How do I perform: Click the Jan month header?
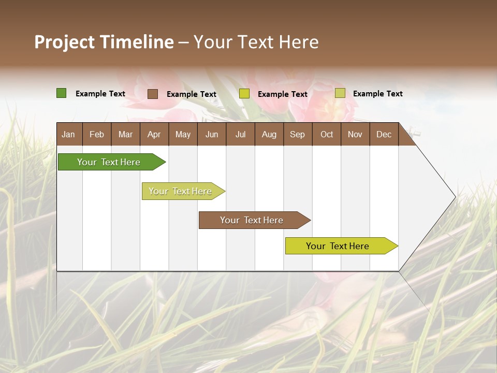(x=68, y=134)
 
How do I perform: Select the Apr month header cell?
(x=154, y=134)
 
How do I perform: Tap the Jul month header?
(x=240, y=134)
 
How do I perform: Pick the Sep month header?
(x=297, y=134)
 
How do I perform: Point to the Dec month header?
(x=384, y=134)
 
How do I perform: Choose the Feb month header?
(x=97, y=134)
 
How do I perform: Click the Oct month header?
(x=327, y=134)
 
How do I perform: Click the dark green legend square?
(x=61, y=93)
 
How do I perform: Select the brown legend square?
(x=152, y=94)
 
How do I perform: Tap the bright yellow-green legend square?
(x=244, y=94)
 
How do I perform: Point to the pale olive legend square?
(x=340, y=93)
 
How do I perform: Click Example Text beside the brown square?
(x=191, y=94)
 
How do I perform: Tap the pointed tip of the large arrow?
(x=454, y=197)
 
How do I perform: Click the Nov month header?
(x=355, y=134)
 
